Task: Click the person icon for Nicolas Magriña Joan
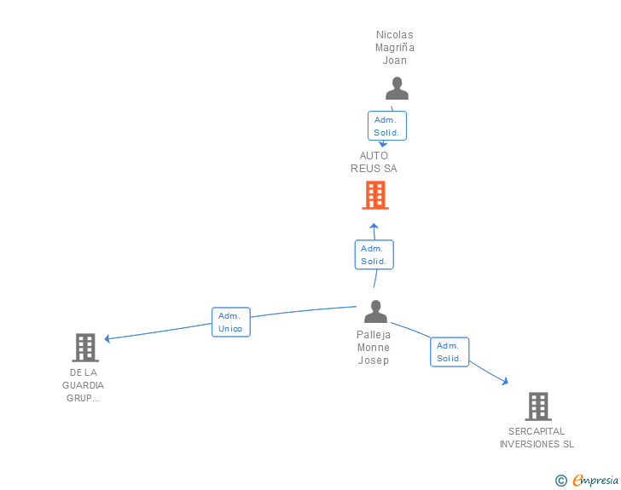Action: point(397,89)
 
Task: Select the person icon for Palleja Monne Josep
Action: point(375,312)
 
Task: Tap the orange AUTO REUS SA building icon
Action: point(374,195)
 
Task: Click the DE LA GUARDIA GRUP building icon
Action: point(84,348)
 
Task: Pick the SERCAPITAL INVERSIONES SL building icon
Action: point(537,406)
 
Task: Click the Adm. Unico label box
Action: point(230,322)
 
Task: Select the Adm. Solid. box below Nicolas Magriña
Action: point(386,126)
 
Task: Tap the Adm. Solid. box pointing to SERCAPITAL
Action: point(449,352)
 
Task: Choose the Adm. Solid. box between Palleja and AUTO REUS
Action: point(374,255)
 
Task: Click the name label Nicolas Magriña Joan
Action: point(395,48)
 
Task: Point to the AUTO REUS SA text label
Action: point(374,162)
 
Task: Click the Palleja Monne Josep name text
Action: point(374,348)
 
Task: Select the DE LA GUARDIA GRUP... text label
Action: point(84,385)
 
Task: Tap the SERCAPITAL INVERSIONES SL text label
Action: point(537,437)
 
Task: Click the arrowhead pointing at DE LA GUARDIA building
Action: point(107,338)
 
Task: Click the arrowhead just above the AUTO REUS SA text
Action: point(383,145)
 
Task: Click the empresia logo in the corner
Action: point(595,481)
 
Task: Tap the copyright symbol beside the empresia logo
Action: point(560,481)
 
